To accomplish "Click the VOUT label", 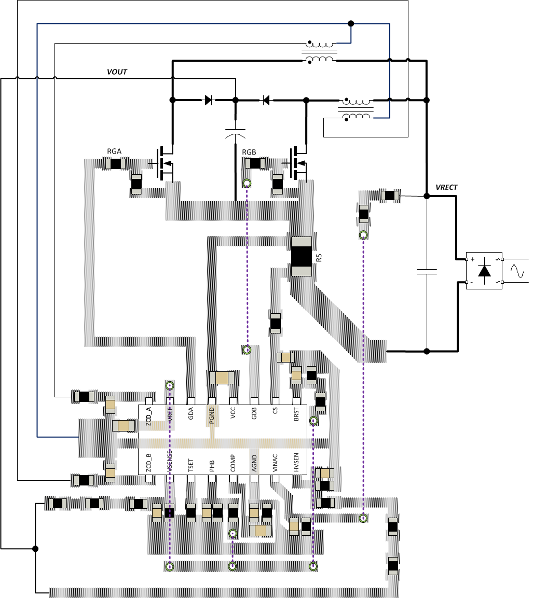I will (117, 72).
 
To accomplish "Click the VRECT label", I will (446, 187).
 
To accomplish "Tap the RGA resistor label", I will (114, 151).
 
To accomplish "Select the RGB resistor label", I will (250, 152).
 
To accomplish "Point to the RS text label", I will (320, 257).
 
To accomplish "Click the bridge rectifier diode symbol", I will (485, 271).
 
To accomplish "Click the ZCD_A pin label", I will (149, 416).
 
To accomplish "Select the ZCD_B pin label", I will (149, 462).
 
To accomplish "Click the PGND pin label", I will (212, 415).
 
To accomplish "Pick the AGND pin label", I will (254, 462).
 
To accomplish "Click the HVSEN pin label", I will (296, 462).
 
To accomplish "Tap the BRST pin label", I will (296, 415).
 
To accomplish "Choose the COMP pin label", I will (233, 462).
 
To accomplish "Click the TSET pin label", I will (191, 462).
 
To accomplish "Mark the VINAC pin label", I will (276, 462).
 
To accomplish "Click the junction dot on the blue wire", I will (351, 23).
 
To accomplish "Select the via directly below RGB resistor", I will (247, 183).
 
